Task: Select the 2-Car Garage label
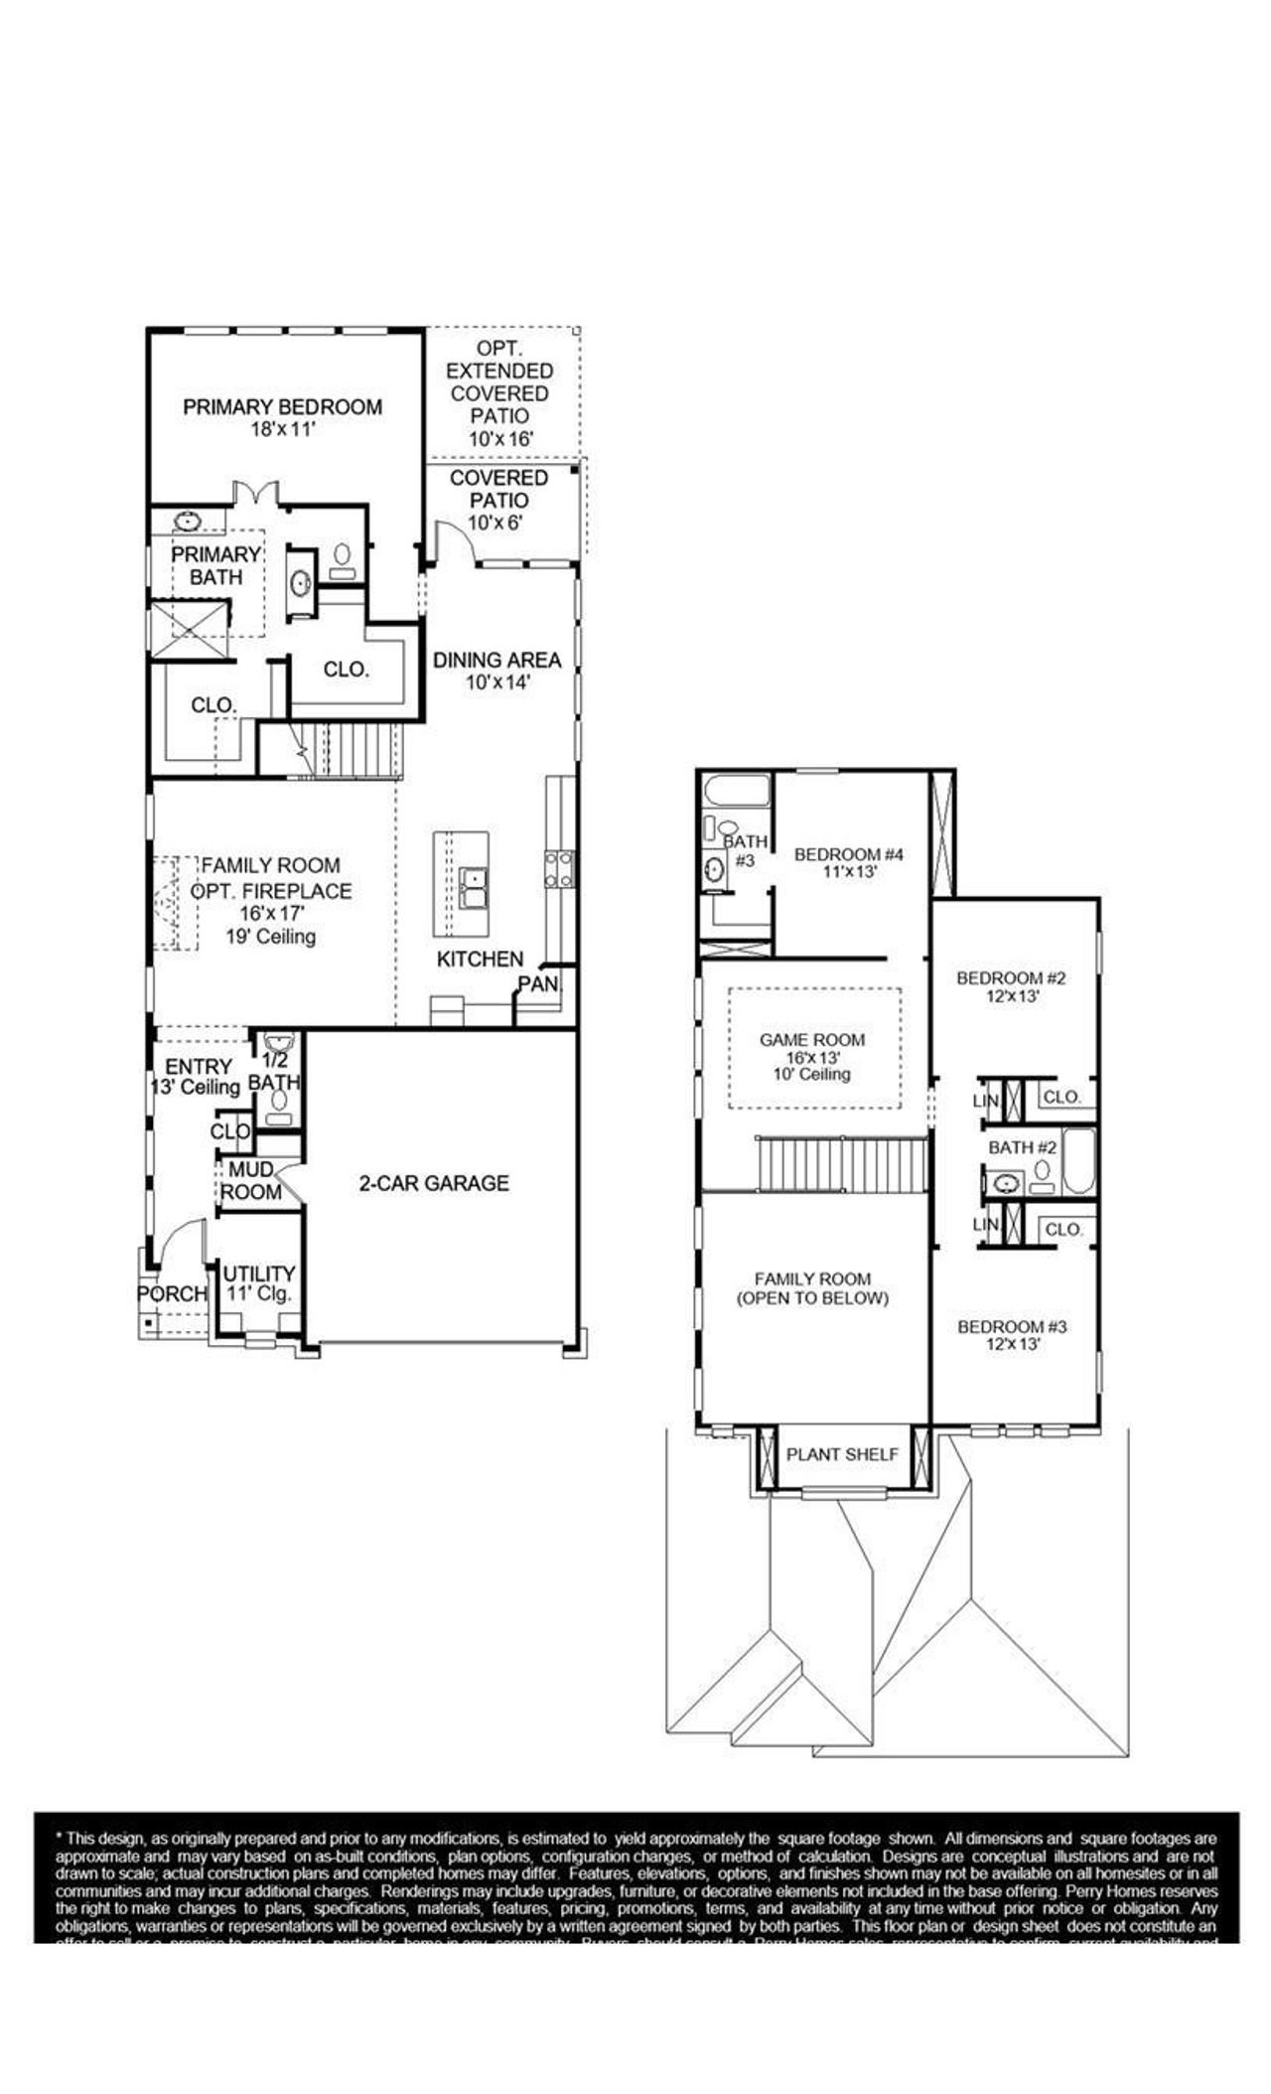click(x=434, y=1183)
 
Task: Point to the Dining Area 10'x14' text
click(x=496, y=671)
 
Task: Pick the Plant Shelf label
click(x=842, y=1454)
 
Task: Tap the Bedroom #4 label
click(x=849, y=862)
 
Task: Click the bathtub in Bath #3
click(x=735, y=794)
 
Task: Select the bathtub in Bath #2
click(x=1078, y=1160)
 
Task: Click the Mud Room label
click(x=250, y=1181)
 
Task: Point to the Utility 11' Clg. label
click(x=258, y=1282)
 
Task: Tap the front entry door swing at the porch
click(x=179, y=1243)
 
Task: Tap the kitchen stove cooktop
click(x=558, y=869)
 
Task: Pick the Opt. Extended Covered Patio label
click(x=499, y=393)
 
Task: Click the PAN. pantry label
click(x=539, y=984)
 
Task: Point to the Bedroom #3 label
click(x=1012, y=1335)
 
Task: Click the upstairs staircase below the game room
click(x=842, y=1164)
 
